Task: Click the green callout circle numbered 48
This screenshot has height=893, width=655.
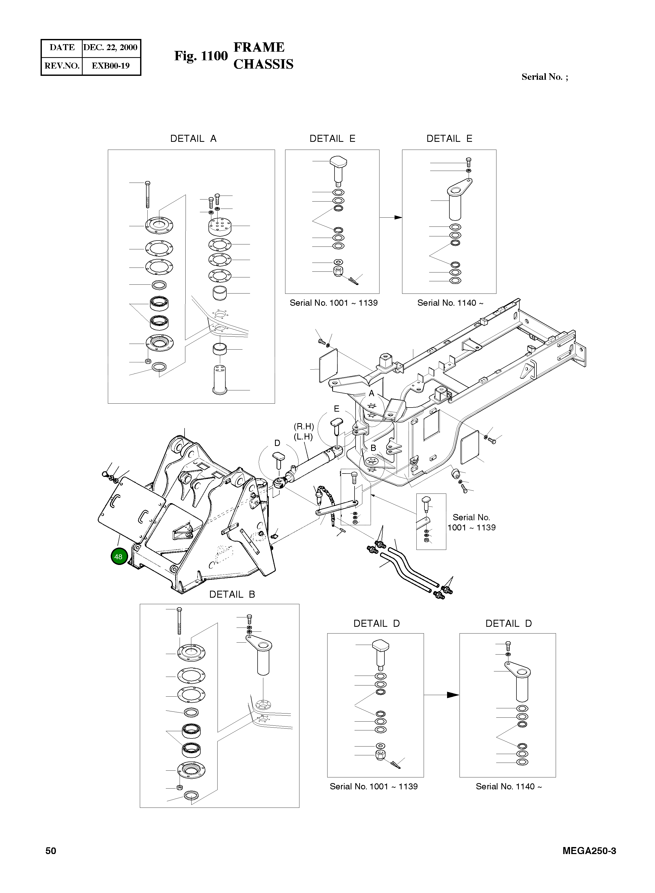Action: [x=119, y=556]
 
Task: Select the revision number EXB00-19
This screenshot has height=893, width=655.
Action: [x=111, y=66]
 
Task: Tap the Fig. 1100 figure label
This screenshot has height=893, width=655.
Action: [x=201, y=56]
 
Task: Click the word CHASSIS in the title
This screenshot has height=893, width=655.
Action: [x=263, y=64]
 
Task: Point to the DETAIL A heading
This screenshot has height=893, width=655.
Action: [x=193, y=139]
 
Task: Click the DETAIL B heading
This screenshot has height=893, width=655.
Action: [x=232, y=594]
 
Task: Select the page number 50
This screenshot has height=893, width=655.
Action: [x=51, y=851]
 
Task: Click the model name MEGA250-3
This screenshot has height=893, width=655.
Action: [x=589, y=851]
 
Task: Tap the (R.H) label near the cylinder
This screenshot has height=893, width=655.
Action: [x=304, y=426]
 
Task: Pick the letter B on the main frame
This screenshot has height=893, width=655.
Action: [x=373, y=448]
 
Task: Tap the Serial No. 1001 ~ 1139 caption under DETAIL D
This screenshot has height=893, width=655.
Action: [x=374, y=787]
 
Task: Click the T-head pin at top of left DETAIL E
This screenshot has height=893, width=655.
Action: [x=338, y=166]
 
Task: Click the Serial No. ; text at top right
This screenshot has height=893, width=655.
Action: [x=544, y=77]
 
